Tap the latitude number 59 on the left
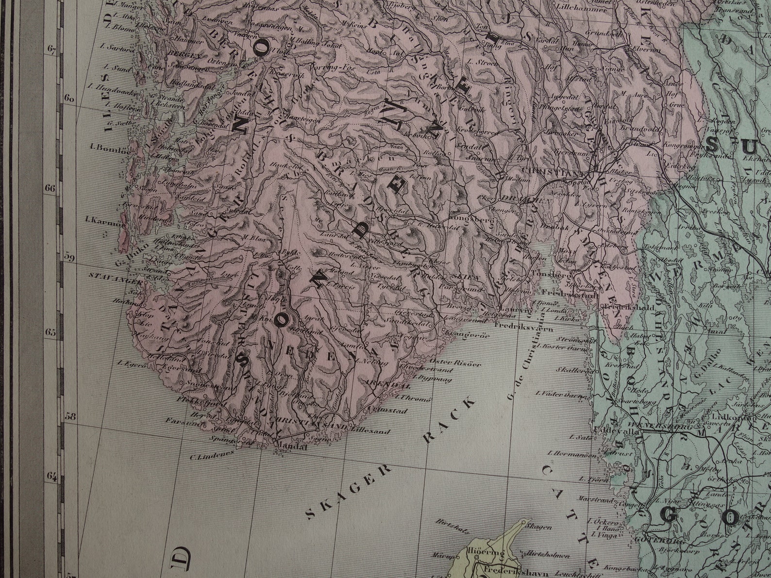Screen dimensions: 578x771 (69, 257)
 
